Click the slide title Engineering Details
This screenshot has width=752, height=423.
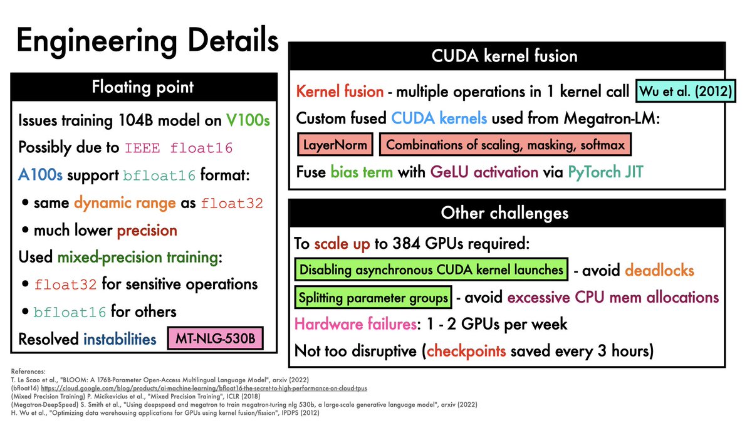(147, 41)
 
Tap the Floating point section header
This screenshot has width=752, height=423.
(144, 87)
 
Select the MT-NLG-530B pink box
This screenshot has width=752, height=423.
(214, 340)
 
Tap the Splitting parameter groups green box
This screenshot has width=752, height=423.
(373, 297)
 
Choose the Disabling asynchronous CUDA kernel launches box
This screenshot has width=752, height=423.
(431, 271)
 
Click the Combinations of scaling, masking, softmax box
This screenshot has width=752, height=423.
(505, 145)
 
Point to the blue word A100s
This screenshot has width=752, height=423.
(40, 176)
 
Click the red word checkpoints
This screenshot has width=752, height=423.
(466, 351)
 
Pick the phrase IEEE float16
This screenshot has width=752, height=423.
(179, 149)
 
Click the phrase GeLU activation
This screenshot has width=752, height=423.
(484, 172)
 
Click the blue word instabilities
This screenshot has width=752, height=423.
(120, 339)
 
